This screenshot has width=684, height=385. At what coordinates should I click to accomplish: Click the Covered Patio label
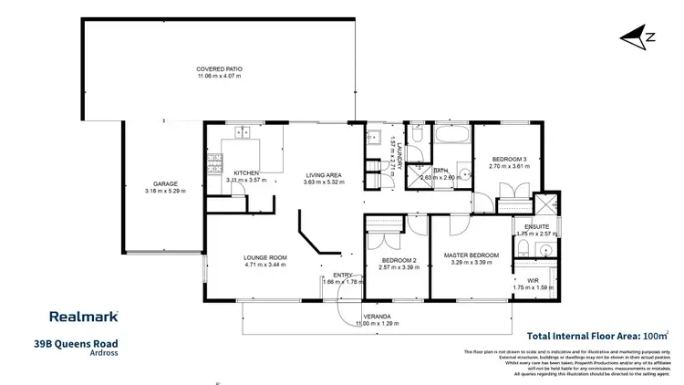coord(220,69)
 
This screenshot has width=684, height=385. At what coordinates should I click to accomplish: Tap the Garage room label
coord(165,183)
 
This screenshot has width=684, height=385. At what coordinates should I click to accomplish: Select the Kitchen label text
coord(246,172)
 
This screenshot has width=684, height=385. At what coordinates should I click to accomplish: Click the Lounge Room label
coord(265,257)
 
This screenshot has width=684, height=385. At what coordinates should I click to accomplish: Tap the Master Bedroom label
coord(472,255)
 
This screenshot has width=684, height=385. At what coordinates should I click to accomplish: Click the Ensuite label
coord(535,226)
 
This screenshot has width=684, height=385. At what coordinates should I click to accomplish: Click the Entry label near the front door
coord(343,275)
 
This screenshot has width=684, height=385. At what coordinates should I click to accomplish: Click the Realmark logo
coord(82,317)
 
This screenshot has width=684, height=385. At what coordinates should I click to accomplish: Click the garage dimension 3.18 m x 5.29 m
coord(165,191)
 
